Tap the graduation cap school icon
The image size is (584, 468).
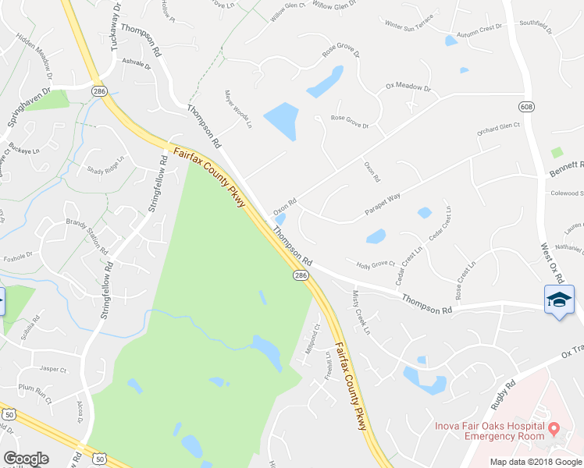[559, 300]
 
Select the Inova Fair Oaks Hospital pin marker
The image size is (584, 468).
[554, 428]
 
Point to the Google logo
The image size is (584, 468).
[26, 459]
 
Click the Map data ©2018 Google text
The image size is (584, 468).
[536, 462]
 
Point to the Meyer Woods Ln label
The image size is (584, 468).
[238, 109]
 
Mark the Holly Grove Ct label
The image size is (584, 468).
[376, 264]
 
